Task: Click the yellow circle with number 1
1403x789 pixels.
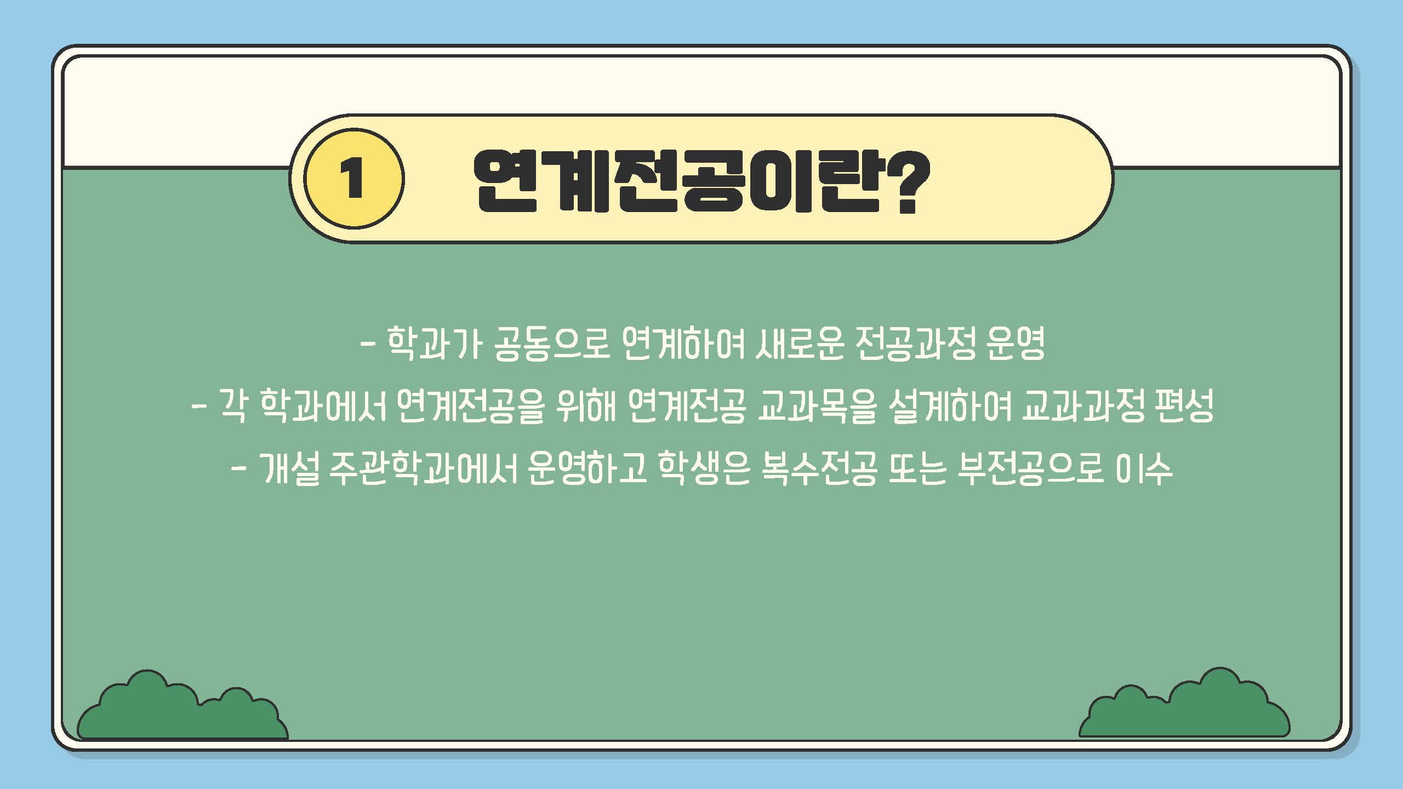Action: [354, 178]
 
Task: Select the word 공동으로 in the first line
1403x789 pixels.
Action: [552, 344]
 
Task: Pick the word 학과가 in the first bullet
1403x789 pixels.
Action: [434, 344]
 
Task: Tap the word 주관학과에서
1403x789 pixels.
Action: [425, 469]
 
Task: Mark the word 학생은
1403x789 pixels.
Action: [704, 469]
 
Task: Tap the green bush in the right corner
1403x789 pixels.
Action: [1184, 702]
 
